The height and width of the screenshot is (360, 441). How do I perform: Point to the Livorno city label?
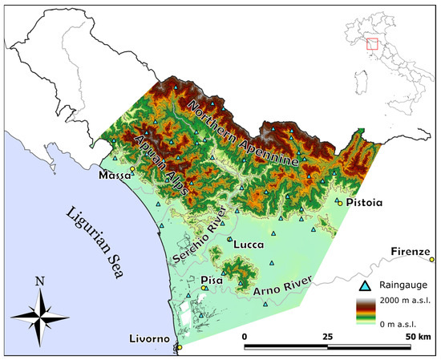click(149, 340)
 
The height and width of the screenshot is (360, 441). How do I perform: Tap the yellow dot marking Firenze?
click(432, 259)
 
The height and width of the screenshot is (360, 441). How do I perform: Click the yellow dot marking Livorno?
click(180, 347)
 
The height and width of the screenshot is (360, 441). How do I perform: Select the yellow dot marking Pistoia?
click(340, 204)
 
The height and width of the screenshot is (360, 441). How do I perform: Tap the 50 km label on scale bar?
click(417, 337)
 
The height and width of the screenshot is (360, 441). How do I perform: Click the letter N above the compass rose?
click(39, 282)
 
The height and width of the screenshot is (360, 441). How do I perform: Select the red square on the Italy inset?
click(371, 43)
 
